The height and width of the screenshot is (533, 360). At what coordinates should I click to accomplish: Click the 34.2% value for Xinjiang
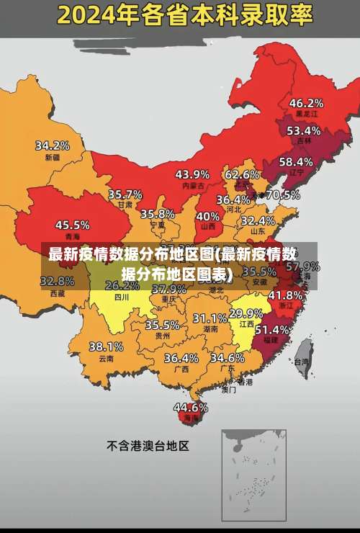pyautogui.click(x=53, y=145)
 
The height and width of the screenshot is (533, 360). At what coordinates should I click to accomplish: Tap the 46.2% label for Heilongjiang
pyautogui.click(x=306, y=103)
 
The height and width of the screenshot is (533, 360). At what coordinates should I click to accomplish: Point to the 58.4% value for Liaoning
pyautogui.click(x=296, y=162)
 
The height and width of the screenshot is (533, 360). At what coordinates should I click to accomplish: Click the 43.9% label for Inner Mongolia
pyautogui.click(x=192, y=174)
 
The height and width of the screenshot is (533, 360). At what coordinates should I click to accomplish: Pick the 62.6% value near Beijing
pyautogui.click(x=242, y=174)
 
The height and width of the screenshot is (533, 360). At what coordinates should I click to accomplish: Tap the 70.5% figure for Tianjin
pyautogui.click(x=282, y=194)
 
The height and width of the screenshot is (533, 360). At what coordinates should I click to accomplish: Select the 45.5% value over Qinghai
pyautogui.click(x=72, y=225)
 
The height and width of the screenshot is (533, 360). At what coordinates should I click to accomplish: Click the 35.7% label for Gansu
pyautogui.click(x=125, y=194)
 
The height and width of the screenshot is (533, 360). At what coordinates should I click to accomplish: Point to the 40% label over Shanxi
pyautogui.click(x=208, y=216)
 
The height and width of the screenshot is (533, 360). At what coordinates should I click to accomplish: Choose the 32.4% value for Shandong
pyautogui.click(x=258, y=220)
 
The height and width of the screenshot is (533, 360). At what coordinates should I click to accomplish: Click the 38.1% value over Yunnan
pyautogui.click(x=106, y=346)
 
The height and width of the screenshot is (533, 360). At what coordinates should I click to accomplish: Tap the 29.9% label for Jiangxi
pyautogui.click(x=246, y=313)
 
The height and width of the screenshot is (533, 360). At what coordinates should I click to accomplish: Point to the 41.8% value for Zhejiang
pyautogui.click(x=285, y=295)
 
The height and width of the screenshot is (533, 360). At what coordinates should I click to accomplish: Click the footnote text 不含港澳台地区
pyautogui.click(x=148, y=446)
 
